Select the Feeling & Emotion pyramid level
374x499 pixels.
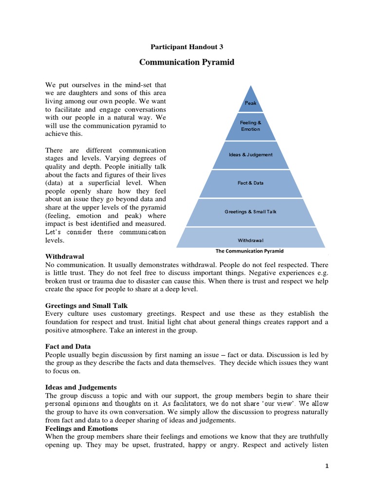click(x=250, y=126)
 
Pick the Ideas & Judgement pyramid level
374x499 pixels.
click(x=250, y=155)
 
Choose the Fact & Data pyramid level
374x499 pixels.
click(x=250, y=183)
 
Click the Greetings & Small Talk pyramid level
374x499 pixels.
click(x=250, y=212)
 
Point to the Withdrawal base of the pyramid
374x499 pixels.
click(x=250, y=240)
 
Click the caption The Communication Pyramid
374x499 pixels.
click(x=249, y=251)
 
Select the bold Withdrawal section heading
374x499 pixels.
click(x=65, y=256)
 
